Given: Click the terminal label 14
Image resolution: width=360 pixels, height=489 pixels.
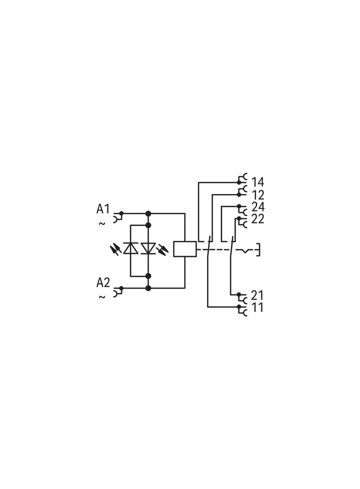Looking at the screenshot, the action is click(x=258, y=182).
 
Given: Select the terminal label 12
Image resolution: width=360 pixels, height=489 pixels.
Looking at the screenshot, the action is click(x=258, y=195).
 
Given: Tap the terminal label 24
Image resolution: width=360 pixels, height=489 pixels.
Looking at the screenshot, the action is click(x=258, y=207).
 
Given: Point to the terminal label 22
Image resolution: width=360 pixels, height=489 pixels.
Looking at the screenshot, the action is click(x=258, y=219).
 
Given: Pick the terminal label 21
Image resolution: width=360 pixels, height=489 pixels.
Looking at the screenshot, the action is click(x=257, y=295).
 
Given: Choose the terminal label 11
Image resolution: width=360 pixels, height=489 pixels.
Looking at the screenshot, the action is click(x=257, y=307).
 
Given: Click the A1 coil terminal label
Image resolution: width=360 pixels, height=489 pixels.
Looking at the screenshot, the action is click(x=103, y=209).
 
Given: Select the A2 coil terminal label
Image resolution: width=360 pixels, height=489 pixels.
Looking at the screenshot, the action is click(x=103, y=283).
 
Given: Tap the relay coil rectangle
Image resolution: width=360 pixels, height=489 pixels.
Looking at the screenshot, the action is click(x=185, y=249).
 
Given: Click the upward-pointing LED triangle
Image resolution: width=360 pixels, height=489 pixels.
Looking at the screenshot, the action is click(x=131, y=248).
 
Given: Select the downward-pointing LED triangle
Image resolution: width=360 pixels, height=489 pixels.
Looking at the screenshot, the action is click(x=148, y=248).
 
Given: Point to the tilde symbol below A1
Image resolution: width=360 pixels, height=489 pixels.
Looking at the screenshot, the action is click(x=102, y=223).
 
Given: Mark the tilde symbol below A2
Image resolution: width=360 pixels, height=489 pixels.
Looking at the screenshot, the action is click(x=102, y=297).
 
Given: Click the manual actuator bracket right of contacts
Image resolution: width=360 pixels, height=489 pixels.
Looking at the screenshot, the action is click(x=258, y=250).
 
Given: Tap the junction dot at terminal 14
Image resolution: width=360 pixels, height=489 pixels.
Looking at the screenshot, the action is click(x=239, y=182).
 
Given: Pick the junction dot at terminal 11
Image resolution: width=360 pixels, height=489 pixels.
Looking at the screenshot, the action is click(x=239, y=307).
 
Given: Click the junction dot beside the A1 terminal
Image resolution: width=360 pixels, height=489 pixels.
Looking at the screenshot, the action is click(x=122, y=213).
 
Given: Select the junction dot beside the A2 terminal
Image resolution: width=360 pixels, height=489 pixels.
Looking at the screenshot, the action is click(x=122, y=288).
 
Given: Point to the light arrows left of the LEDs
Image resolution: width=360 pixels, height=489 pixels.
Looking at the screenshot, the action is click(x=115, y=249).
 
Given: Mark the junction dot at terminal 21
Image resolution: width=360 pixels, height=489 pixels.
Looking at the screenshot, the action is click(x=239, y=295).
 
